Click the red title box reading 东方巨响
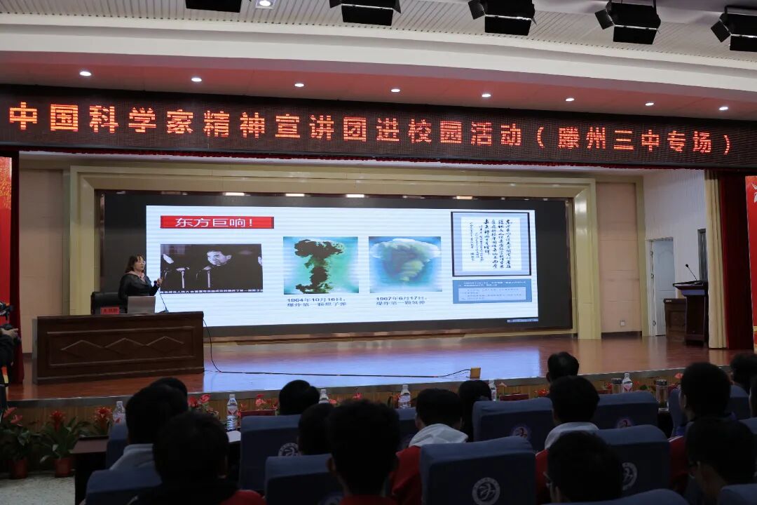pos(217,222)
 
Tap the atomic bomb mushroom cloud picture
pos(320,265)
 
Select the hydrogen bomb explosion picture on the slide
pos(404,264)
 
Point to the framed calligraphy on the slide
pos(491,243)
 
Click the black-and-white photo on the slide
pos(211,267)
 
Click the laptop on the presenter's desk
pos(141,304)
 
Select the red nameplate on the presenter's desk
pos(109,310)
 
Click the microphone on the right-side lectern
pos(690,272)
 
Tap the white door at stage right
pos(662,286)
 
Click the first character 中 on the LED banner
pos(23,116)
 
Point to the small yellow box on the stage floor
pos(475,372)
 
